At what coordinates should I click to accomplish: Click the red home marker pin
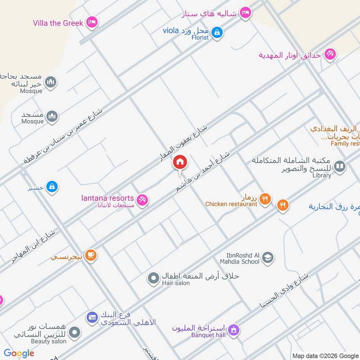click(x=180, y=162)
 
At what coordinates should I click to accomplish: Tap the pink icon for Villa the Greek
click(x=92, y=22)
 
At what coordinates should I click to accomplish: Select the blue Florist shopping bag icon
click(x=217, y=33)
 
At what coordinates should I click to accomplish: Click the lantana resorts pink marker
click(x=142, y=200)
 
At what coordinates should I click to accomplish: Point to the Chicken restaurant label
click(x=231, y=204)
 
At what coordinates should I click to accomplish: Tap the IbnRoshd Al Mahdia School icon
click(x=268, y=257)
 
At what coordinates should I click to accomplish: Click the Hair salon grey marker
click(x=154, y=279)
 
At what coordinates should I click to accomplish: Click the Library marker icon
click(x=340, y=167)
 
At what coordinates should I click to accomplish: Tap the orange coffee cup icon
click(x=91, y=255)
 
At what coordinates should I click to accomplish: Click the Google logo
click(x=19, y=353)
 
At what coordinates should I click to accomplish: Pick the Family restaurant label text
click(x=345, y=144)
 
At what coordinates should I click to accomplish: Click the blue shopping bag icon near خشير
click(x=53, y=186)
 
